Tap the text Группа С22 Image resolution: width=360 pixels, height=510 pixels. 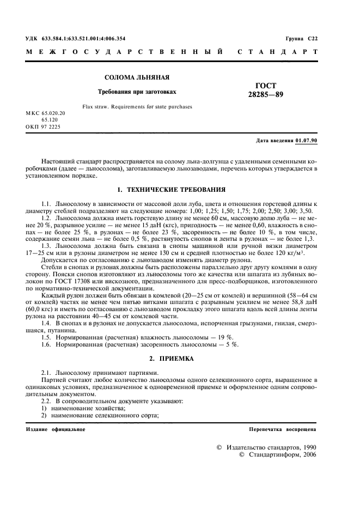click(301, 39)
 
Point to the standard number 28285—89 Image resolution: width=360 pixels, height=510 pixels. click(265, 95)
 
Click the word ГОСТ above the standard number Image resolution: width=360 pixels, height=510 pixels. click(265, 86)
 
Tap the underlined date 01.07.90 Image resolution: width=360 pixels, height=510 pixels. click(308, 141)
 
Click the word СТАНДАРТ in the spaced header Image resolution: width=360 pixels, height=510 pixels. click(278, 53)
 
